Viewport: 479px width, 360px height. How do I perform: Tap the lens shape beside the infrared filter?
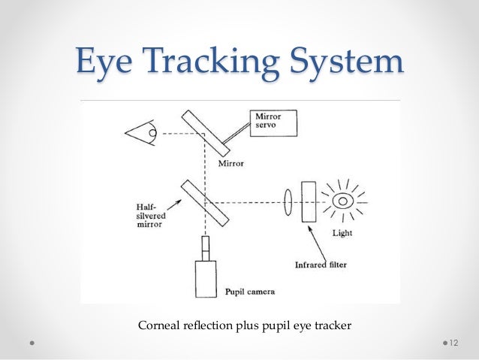click(288, 202)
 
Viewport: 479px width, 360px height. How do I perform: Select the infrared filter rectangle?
click(308, 202)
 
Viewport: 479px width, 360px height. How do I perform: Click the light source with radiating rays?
click(343, 201)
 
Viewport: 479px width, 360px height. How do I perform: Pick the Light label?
click(342, 232)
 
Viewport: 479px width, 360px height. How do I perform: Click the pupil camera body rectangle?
click(205, 279)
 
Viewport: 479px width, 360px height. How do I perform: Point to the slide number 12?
click(453, 342)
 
